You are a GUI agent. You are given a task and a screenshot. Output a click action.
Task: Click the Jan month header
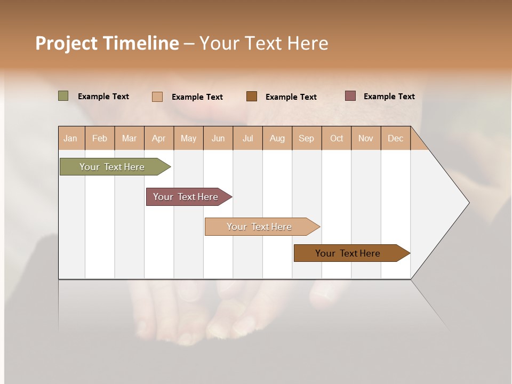pyautogui.click(x=70, y=138)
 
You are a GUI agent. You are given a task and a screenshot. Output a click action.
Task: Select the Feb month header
pyautogui.click(x=100, y=138)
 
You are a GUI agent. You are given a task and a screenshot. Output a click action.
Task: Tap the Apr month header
pyautogui.click(x=159, y=138)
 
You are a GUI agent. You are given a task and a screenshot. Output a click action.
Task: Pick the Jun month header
pyautogui.click(x=218, y=138)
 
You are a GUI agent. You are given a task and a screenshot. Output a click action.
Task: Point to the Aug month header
pyautogui.click(x=277, y=138)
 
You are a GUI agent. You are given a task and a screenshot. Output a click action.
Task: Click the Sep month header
pyautogui.click(x=306, y=138)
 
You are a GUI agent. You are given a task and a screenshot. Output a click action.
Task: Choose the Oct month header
pyautogui.click(x=337, y=138)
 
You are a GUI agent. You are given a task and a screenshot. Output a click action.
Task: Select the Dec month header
pyautogui.click(x=395, y=138)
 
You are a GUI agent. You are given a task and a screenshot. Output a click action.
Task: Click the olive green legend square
pyautogui.click(x=63, y=96)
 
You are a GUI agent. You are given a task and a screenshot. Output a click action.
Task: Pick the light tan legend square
pyautogui.click(x=157, y=97)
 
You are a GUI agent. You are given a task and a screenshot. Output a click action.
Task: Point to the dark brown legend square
pyautogui.click(x=252, y=96)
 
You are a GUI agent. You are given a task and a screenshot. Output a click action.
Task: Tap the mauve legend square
pyautogui.click(x=350, y=96)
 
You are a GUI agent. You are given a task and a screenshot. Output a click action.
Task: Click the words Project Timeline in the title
pyautogui.click(x=107, y=43)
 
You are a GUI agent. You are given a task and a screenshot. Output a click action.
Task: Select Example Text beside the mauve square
pyautogui.click(x=389, y=97)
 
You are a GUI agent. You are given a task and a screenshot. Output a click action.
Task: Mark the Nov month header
pyautogui.click(x=366, y=138)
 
